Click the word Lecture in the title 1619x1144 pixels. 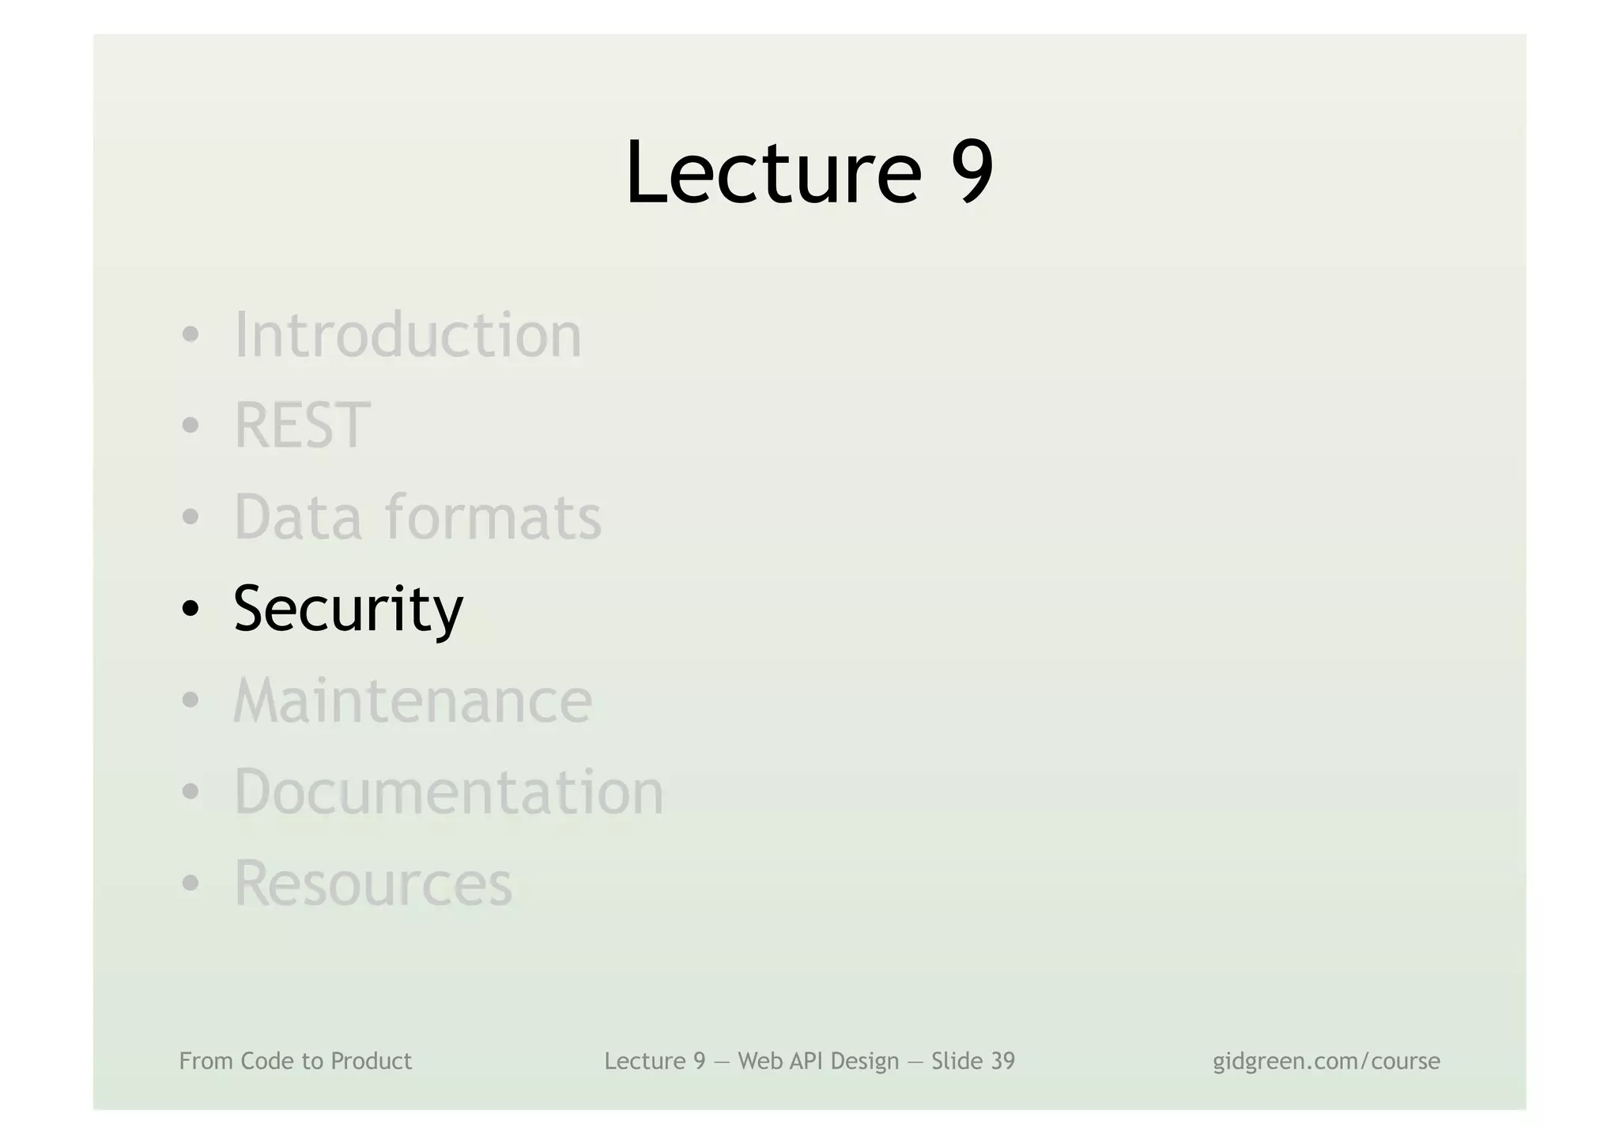tap(773, 172)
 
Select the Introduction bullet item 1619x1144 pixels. tap(408, 335)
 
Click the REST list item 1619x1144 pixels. tap(302, 426)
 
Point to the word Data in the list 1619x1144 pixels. tap(298, 517)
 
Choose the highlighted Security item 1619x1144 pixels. tap(348, 609)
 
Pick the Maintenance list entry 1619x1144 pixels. tap(413, 700)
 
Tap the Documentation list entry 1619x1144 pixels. tap(449, 791)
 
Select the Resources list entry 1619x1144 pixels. tap(373, 883)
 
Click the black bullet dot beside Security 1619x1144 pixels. tap(190, 610)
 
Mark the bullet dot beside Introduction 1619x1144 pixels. tap(190, 335)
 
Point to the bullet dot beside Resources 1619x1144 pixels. tap(190, 884)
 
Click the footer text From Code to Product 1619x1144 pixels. tap(296, 1061)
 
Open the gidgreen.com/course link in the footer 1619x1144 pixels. tap(1326, 1061)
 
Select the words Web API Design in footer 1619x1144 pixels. tap(818, 1061)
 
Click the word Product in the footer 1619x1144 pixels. tap(371, 1061)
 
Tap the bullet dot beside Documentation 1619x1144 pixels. tap(190, 792)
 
